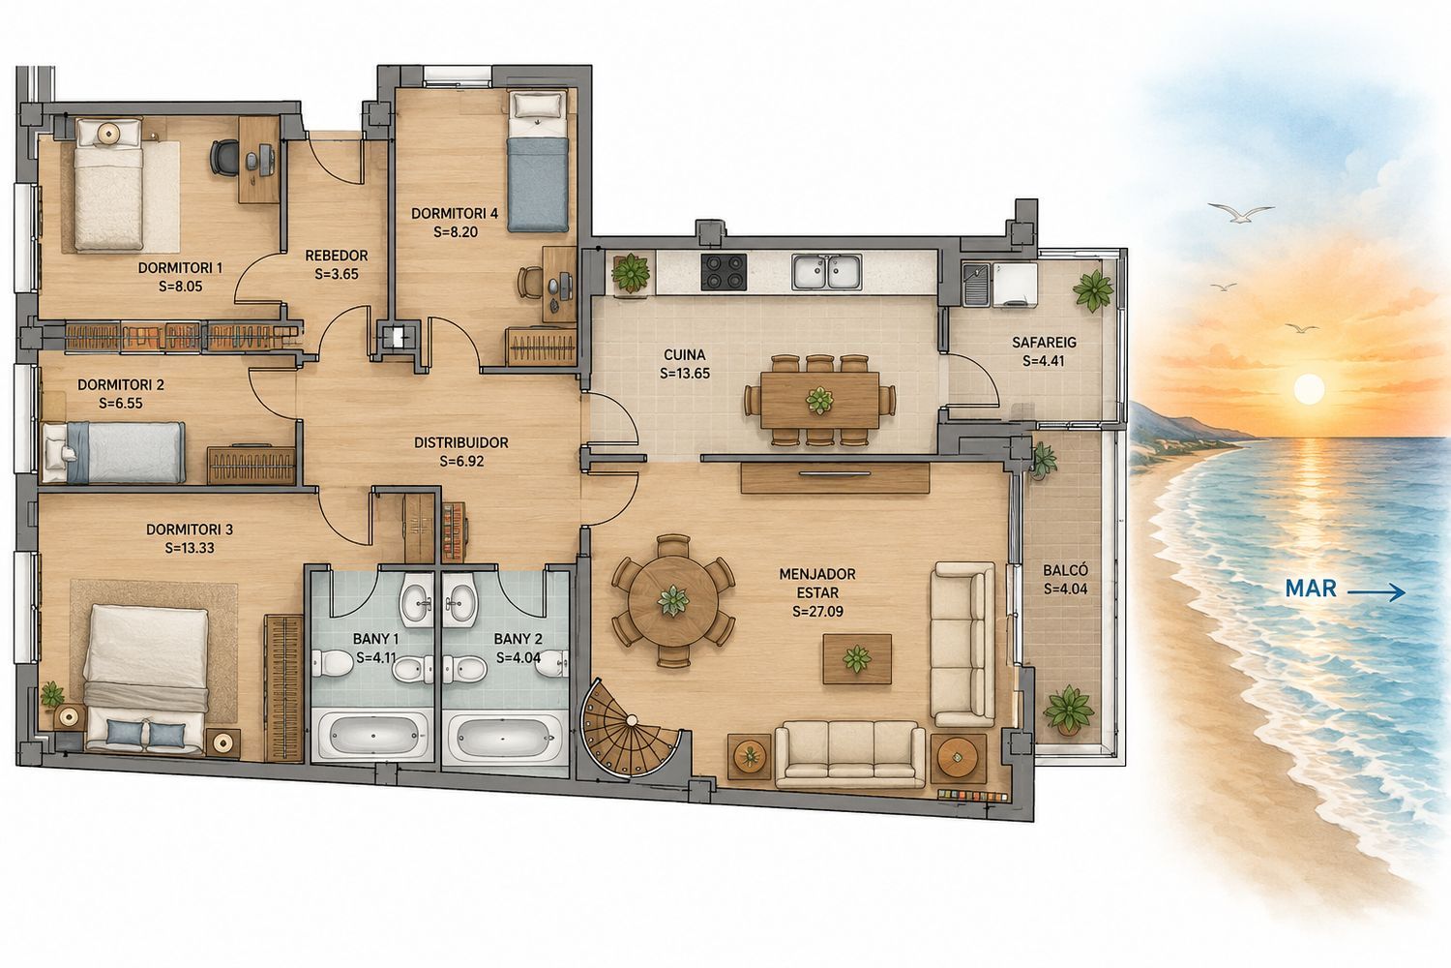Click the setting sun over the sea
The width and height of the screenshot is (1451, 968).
tap(1309, 390)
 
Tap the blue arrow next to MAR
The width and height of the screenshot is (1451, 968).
tap(1376, 592)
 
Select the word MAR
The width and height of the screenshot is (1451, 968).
tap(1311, 589)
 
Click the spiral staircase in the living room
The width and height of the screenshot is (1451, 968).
tap(633, 734)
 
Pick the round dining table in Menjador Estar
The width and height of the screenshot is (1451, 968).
tap(673, 600)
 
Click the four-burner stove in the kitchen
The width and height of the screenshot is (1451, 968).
tap(724, 272)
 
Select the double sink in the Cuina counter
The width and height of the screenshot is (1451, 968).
tap(826, 272)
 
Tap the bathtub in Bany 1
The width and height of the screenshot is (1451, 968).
tap(372, 735)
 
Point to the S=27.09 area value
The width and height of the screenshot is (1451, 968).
tap(817, 612)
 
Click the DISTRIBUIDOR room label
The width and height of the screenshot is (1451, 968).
tap(461, 442)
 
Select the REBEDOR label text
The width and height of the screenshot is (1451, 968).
tap(337, 256)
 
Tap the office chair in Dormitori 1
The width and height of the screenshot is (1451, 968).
tap(224, 158)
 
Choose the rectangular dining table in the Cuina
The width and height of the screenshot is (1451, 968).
tap(819, 400)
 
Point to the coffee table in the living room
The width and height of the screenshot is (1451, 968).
tap(857, 659)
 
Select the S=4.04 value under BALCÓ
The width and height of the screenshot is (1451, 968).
tap(1066, 590)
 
